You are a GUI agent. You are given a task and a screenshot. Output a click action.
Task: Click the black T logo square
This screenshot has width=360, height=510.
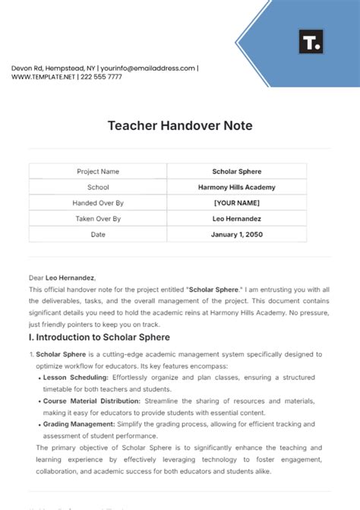coord(311,43)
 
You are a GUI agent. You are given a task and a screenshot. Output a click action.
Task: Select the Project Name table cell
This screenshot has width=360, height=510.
coord(98,172)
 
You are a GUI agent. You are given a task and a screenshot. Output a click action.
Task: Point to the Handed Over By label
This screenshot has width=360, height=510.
coord(98,203)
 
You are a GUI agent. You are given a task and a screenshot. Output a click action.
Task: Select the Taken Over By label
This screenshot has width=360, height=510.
coord(98,219)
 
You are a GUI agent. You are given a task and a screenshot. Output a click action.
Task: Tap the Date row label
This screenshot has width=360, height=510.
coord(98,235)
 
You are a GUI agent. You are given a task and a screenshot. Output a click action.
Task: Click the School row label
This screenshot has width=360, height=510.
coord(98,187)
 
